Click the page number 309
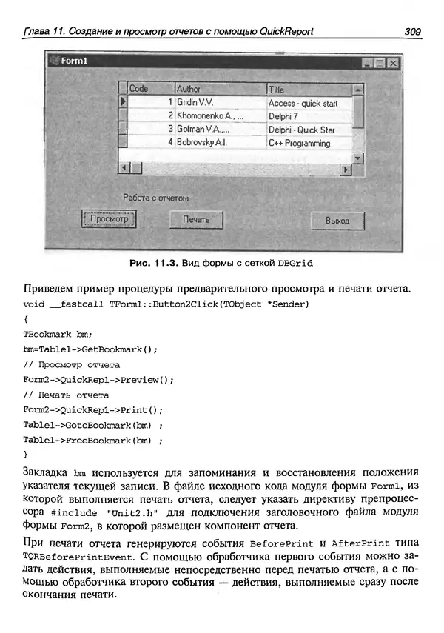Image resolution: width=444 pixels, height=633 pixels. (412, 31)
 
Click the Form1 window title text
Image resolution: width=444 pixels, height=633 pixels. (74, 61)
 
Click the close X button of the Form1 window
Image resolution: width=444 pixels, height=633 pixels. (394, 64)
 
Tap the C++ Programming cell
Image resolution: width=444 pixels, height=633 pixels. (299, 143)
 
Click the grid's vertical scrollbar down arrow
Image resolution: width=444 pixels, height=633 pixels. (358, 158)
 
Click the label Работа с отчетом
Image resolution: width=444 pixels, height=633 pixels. (155, 198)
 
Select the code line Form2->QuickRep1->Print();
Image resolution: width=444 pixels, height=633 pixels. (92, 409)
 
